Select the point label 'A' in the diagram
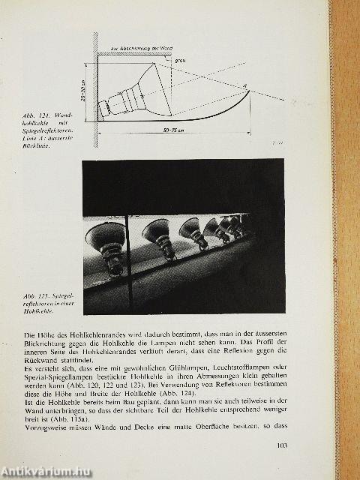(x=245, y=85)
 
